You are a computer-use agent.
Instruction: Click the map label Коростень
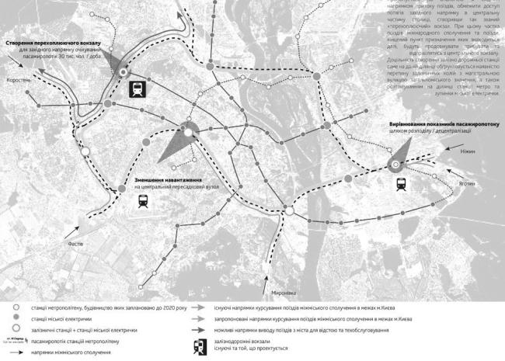18,81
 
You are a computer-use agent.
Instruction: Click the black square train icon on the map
136,89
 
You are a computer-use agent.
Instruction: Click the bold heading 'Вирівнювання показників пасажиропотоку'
444,124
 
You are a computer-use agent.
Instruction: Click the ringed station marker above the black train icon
123,72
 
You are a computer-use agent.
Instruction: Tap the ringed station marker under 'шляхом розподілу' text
395,164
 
